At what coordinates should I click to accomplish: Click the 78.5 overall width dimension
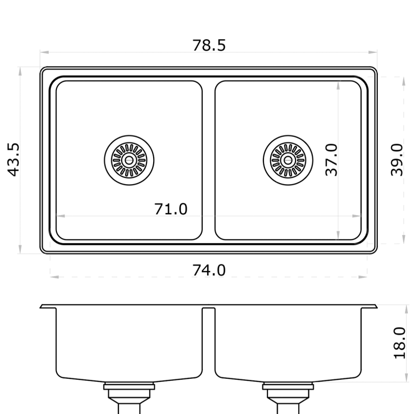(209, 45)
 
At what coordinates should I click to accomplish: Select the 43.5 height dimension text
(14, 160)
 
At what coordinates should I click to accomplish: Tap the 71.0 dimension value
(171, 209)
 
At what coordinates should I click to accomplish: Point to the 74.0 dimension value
(209, 270)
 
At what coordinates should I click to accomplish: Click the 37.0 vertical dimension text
(331, 160)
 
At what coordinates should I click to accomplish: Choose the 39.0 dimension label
(397, 160)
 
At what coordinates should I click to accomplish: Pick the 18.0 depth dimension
(399, 343)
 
